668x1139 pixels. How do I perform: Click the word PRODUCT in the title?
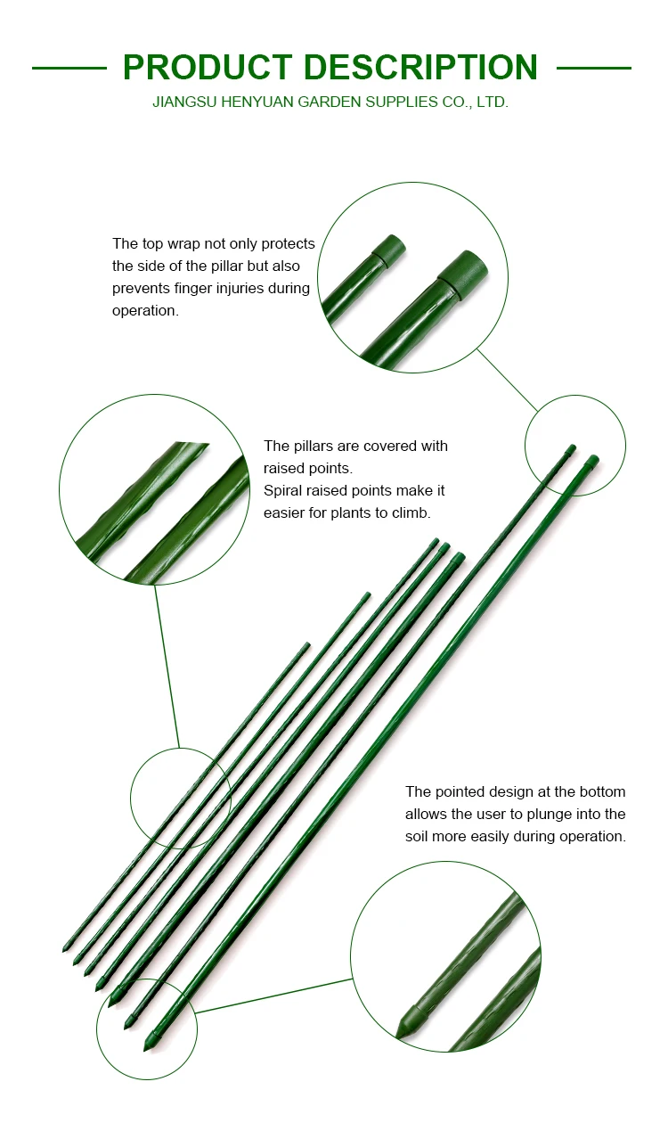tap(208, 68)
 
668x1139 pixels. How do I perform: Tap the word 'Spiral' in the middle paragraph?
tap(283, 490)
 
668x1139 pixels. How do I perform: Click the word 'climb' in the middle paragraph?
tap(410, 512)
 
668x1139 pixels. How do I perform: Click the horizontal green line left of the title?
tap(69, 68)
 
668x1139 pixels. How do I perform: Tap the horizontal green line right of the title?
tap(594, 68)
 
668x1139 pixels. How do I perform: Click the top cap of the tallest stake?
tap(593, 460)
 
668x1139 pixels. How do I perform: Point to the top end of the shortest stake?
tap(307, 644)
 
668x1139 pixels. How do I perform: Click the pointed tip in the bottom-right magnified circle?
tap(403, 1030)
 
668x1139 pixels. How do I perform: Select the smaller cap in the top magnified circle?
tap(388, 248)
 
